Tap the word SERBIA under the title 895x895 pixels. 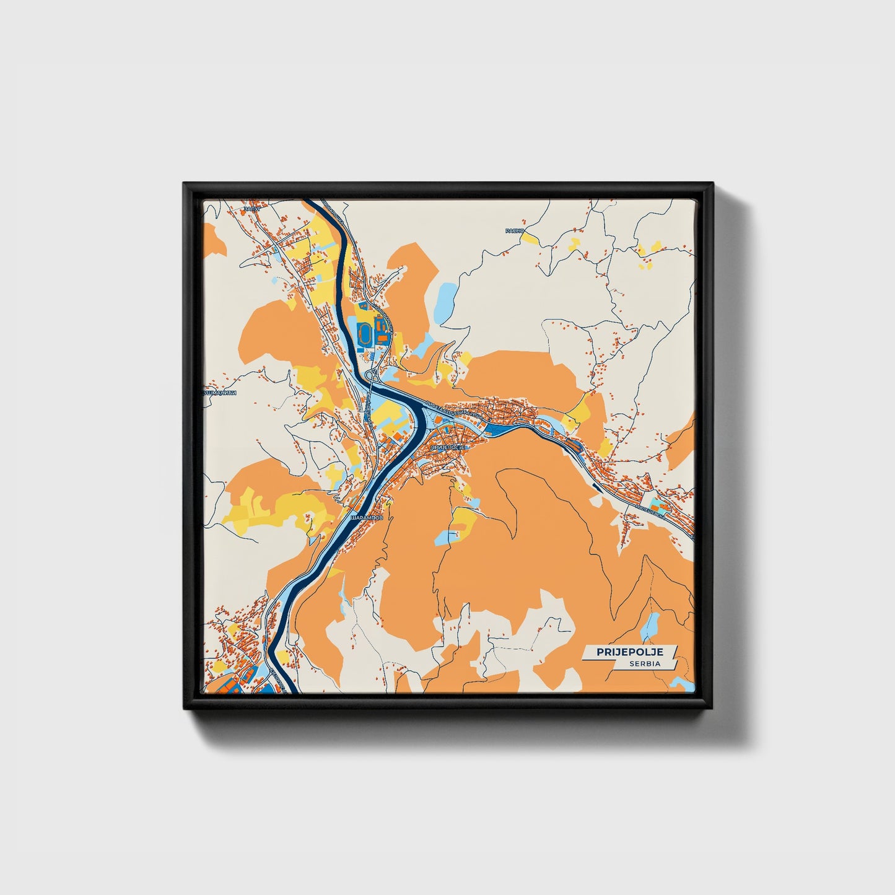coord(644,663)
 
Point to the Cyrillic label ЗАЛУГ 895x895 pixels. coord(252,209)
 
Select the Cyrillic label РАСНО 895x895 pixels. coord(514,230)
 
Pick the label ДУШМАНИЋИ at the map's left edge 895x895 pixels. coord(220,393)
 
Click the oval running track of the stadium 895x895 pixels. coord(365,334)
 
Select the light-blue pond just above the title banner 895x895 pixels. coord(650,627)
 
